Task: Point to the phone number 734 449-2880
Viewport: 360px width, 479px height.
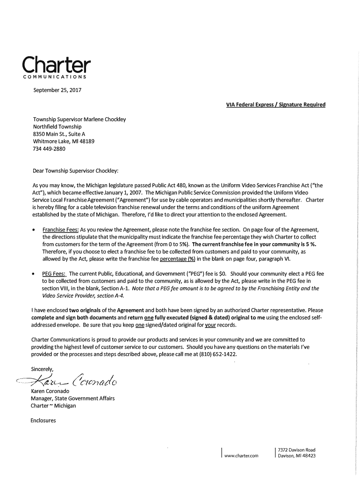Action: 49,149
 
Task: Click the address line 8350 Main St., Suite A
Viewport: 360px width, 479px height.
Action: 59,134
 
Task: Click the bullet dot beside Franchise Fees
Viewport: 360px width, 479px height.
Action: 34,230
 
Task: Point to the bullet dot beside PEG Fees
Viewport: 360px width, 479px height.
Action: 34,274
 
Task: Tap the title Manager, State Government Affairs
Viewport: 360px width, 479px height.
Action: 72,398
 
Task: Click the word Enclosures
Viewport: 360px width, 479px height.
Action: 43,421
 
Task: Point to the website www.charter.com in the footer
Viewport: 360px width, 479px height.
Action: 241,456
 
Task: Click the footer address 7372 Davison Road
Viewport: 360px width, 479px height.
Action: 296,450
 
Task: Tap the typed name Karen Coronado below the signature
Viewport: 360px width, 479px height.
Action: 50,391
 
